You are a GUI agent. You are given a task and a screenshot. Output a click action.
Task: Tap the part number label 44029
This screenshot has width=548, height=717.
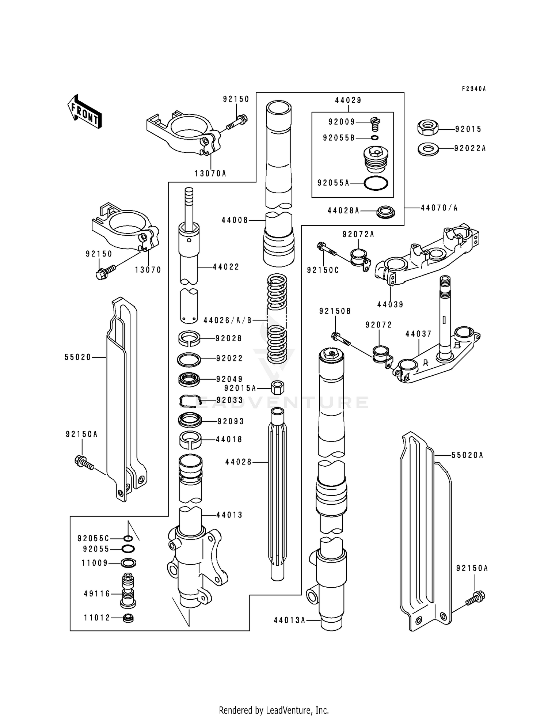tap(348, 100)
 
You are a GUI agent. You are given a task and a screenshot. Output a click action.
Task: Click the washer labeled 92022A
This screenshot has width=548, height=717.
tap(428, 149)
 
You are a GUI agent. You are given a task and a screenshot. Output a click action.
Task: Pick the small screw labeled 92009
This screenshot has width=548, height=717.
tap(374, 123)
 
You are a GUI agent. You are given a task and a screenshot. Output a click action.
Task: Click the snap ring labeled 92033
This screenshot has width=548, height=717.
tap(190, 401)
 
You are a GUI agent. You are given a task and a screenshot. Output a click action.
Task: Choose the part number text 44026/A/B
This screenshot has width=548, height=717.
tap(228, 320)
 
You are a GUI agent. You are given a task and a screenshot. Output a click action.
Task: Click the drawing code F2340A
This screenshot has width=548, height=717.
tap(474, 89)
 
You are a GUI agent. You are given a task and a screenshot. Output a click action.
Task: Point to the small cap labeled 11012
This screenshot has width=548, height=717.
tap(128, 619)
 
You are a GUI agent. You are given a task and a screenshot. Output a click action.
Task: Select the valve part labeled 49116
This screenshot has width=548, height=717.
tap(128, 591)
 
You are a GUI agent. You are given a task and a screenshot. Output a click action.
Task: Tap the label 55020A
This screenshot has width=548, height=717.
tap(467, 455)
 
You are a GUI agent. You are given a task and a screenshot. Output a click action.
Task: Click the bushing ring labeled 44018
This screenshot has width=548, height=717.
tap(190, 439)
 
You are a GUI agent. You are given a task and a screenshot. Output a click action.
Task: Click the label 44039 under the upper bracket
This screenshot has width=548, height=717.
tap(390, 304)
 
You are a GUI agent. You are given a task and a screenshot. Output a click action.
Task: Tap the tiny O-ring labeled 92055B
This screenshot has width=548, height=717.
tap(374, 138)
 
